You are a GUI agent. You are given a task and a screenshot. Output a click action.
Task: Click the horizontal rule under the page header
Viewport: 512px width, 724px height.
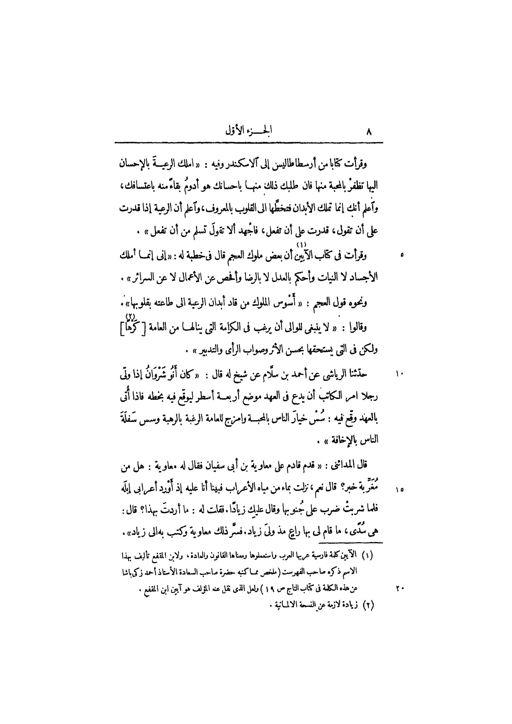coord(249,143)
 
